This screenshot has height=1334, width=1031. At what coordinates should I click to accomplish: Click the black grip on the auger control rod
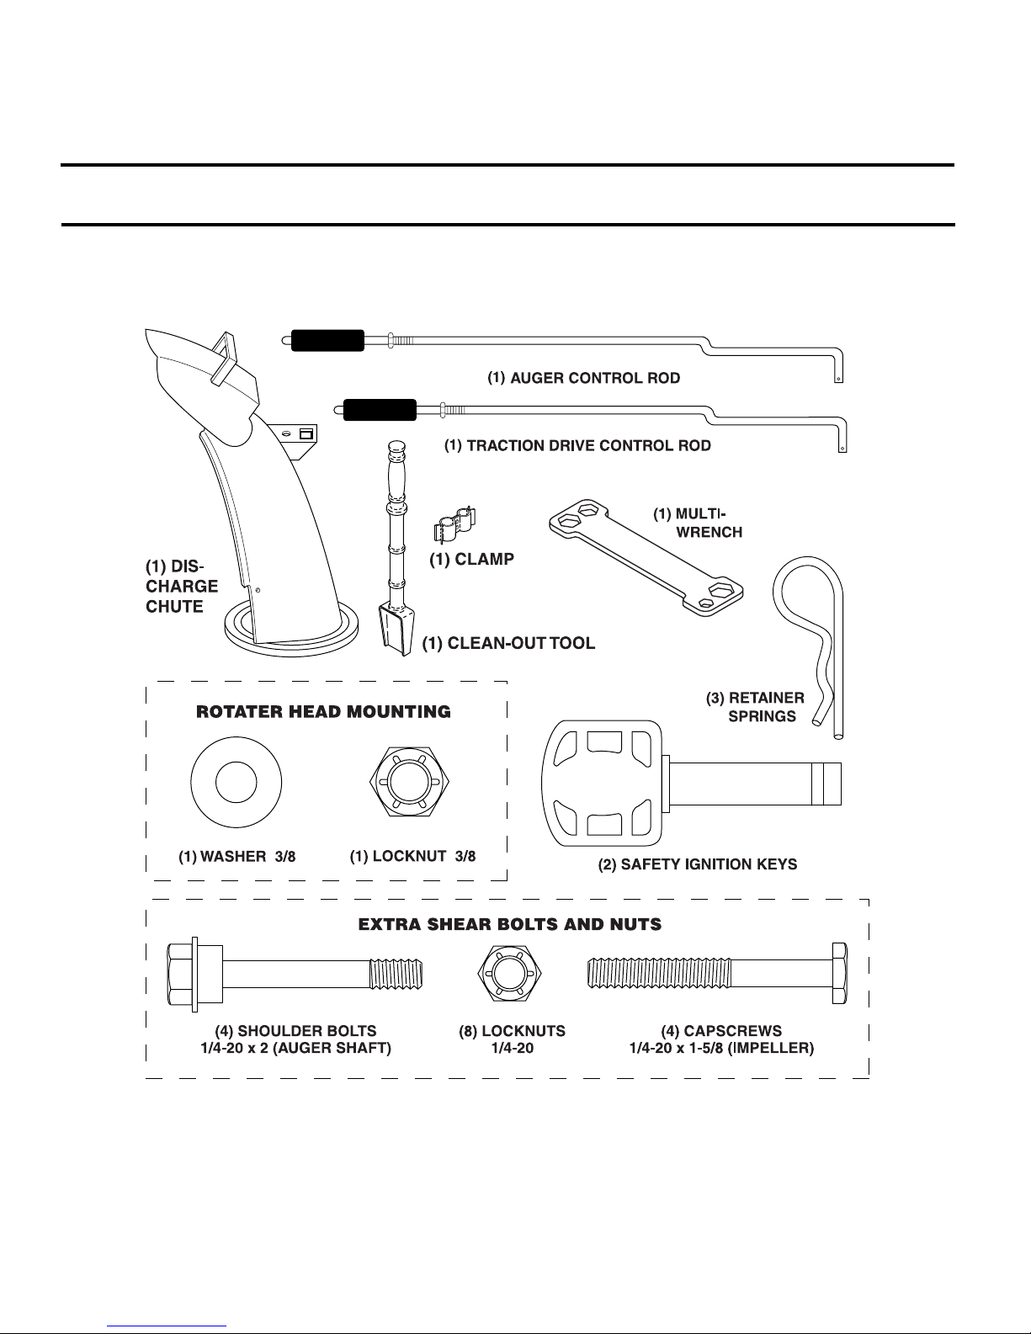point(327,340)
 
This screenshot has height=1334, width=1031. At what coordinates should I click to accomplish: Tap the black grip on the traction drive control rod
point(380,410)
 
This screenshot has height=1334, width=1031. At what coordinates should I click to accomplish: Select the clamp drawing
point(455,525)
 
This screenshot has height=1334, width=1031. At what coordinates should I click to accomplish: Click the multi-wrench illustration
point(646,557)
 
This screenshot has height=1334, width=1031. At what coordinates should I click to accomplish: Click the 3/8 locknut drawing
point(409,782)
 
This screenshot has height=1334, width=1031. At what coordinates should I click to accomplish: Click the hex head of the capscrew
point(840,974)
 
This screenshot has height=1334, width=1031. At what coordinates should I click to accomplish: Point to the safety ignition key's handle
point(603,784)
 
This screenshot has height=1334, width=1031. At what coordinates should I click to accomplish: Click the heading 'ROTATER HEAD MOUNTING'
point(323,711)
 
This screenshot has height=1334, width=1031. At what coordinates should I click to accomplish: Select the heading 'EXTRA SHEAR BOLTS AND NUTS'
point(510,924)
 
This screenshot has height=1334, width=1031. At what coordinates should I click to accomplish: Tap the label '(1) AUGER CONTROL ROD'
point(583,378)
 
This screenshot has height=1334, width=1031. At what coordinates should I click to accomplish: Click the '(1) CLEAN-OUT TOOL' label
point(508,643)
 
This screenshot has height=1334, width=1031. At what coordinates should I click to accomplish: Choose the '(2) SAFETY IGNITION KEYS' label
point(698,864)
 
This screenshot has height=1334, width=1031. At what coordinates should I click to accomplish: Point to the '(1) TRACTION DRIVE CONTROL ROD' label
point(577,446)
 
